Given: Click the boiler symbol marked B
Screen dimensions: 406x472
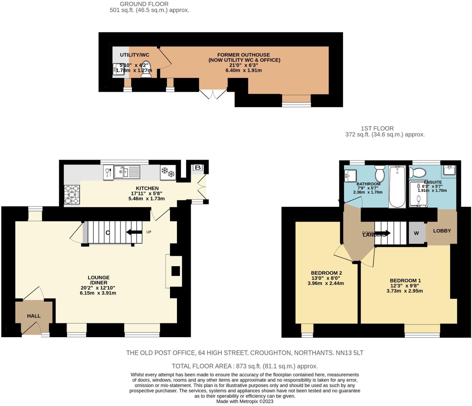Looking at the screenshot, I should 198,168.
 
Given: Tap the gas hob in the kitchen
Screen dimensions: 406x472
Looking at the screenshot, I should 72,194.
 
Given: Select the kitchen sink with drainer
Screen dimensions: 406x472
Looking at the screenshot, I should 127,172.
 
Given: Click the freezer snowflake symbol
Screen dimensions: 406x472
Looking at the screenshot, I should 168,172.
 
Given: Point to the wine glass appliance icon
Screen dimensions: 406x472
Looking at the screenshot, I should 108,172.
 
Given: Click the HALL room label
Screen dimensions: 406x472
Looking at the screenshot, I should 34,316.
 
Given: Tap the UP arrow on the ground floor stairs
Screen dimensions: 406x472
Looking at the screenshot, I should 134,232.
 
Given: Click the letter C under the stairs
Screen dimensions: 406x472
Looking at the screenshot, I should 107,233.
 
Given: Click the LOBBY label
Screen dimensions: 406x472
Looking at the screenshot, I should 442,231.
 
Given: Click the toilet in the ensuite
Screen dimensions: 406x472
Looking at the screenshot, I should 417,172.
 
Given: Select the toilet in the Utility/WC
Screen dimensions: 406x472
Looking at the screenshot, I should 146,70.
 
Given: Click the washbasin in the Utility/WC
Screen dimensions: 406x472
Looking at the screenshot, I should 118,69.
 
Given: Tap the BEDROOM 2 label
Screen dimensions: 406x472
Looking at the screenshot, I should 326,273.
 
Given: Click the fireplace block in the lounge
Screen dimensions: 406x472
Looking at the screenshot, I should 176,271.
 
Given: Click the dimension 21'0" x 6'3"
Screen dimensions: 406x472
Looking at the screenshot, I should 244,65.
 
